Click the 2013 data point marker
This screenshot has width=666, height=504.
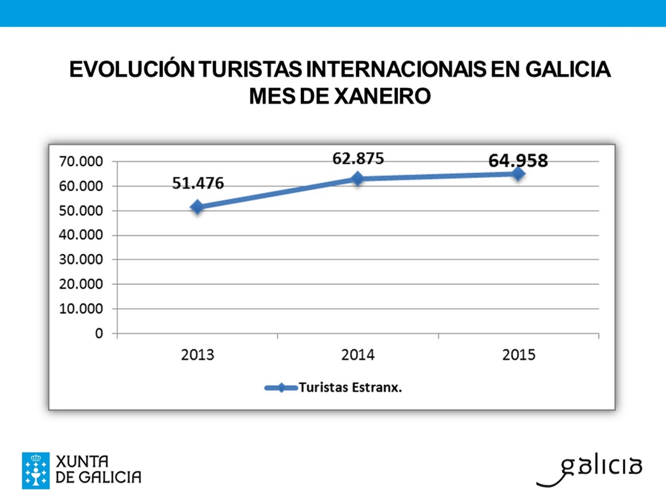tap(197, 207)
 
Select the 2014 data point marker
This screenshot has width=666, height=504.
tap(357, 178)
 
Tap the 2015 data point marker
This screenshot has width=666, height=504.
tap(518, 173)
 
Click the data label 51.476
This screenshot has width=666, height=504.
tap(198, 183)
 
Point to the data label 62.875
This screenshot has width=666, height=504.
tap(358, 159)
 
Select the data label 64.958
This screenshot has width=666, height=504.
tap(518, 160)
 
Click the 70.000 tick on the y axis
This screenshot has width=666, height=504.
tap(81, 161)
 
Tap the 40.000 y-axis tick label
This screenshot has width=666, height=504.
tap(81, 235)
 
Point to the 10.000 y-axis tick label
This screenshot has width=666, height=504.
tap(81, 309)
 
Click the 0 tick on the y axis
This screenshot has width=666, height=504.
tap(99, 333)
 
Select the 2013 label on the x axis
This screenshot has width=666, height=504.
tap(197, 355)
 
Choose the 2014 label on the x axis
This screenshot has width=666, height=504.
tap(358, 355)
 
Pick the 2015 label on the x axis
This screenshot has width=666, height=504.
tap(518, 355)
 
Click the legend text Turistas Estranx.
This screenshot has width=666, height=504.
tap(350, 387)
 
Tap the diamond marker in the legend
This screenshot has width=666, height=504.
tap(281, 388)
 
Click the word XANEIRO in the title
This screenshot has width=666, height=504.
tap(382, 96)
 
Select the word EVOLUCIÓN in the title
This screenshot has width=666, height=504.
tap(132, 69)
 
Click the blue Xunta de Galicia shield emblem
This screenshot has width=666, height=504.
tap(36, 470)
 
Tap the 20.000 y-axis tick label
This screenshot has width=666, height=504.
tap(81, 284)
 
